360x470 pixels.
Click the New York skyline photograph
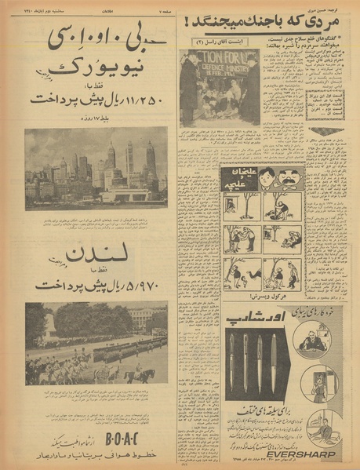tap(96, 169)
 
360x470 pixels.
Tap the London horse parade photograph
tap(96, 343)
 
